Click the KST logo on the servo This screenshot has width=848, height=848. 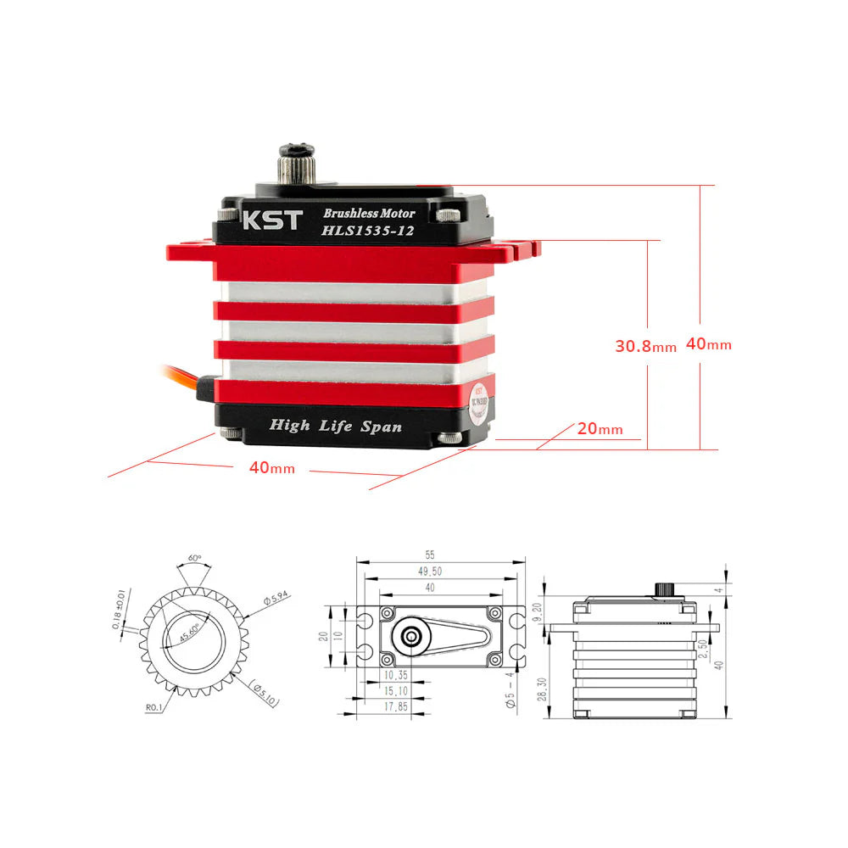[271, 220]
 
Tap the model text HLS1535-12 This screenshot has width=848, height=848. [367, 231]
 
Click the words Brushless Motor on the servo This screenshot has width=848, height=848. [369, 214]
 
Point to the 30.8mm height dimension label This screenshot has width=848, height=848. [645, 346]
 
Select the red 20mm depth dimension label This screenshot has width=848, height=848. [600, 429]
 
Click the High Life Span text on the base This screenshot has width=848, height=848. [335, 426]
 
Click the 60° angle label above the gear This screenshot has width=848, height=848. [194, 559]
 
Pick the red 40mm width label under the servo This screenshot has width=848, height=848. [271, 468]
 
